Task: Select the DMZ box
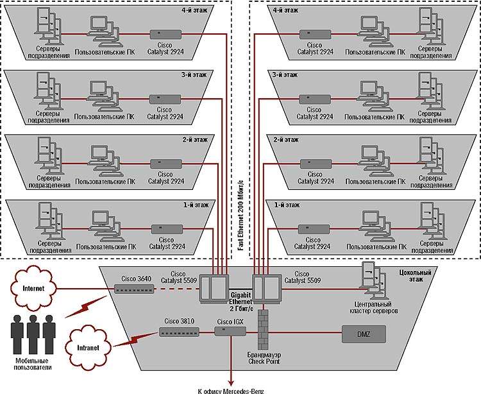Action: pyautogui.click(x=364, y=333)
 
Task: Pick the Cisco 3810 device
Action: pyautogui.click(x=179, y=332)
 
